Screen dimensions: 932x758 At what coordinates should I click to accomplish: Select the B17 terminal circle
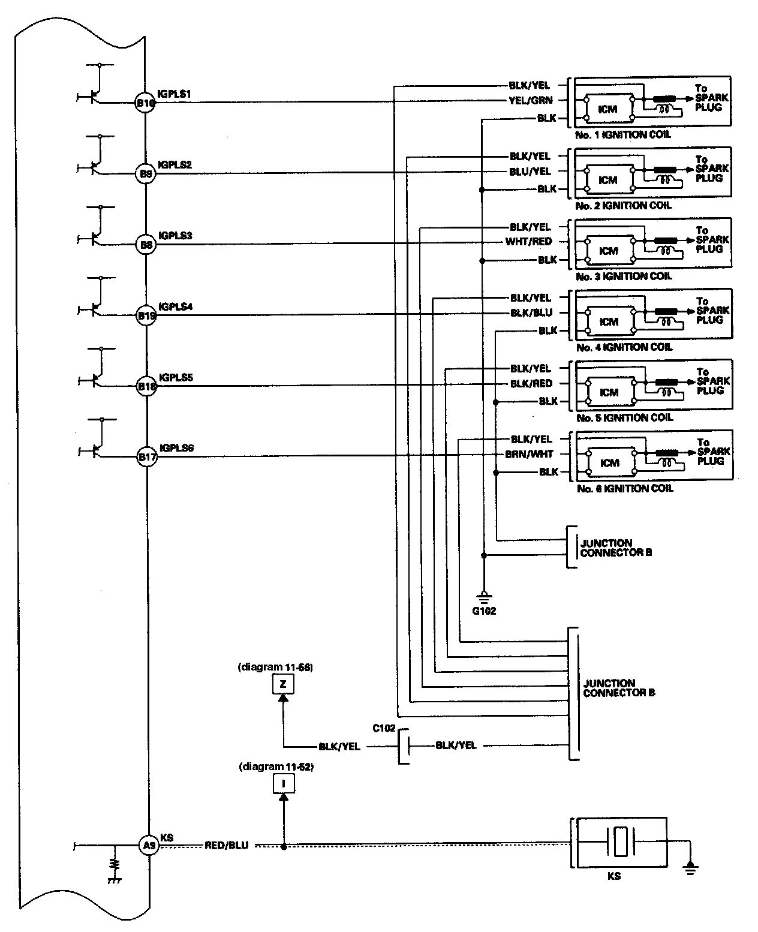point(147,457)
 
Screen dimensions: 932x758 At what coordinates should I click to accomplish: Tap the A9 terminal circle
point(148,846)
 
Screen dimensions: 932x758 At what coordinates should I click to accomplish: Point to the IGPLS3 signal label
point(175,236)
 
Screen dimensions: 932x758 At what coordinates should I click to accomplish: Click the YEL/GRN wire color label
point(530,101)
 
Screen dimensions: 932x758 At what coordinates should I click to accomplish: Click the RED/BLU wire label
point(226,846)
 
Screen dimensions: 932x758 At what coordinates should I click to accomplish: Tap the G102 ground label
point(484,612)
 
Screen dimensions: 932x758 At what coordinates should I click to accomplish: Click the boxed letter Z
point(284,684)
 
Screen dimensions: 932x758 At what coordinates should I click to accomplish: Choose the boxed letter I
point(284,783)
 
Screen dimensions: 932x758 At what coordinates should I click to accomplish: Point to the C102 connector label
point(384,728)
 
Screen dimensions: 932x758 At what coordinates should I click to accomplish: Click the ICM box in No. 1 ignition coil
point(607,109)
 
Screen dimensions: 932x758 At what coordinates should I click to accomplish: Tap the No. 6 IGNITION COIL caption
point(624,489)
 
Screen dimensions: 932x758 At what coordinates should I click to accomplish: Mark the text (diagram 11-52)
point(276,766)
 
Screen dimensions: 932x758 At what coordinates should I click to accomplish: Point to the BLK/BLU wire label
point(531,312)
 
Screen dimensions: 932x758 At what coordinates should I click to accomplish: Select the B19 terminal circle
point(146,315)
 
